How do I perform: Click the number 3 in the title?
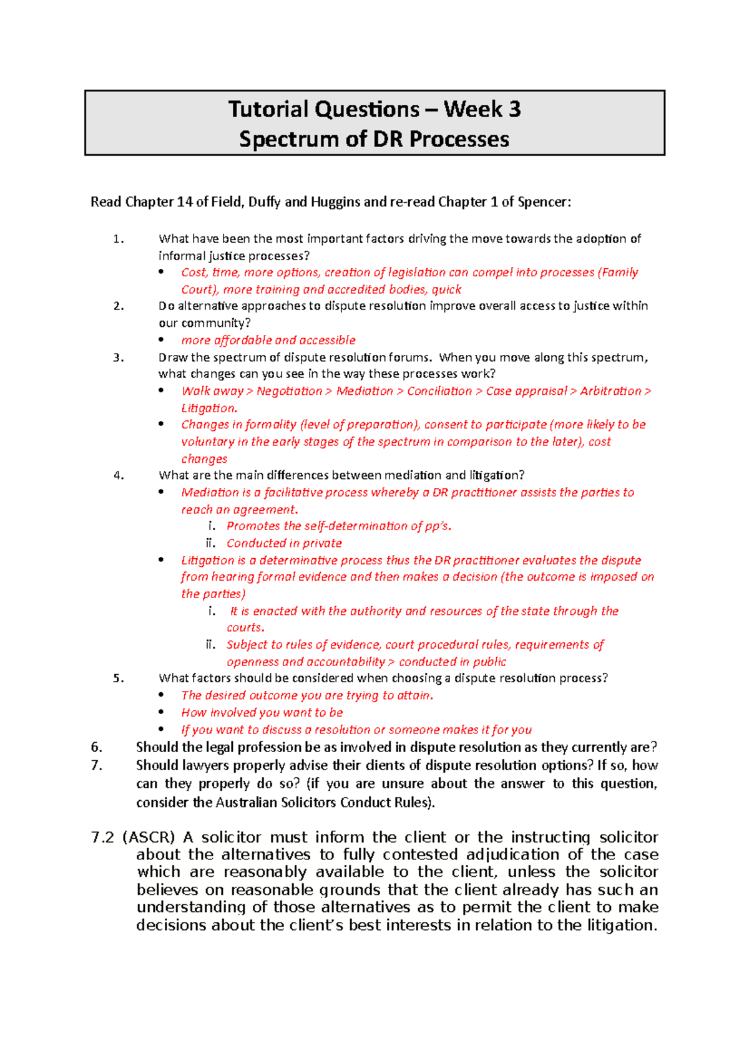514,110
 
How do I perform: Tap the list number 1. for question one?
119,239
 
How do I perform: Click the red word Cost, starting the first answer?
193,273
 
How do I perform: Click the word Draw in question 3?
173,357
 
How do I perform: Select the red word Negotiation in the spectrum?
290,391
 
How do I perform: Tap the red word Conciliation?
439,391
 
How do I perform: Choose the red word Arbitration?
610,391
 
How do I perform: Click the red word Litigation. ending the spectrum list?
209,409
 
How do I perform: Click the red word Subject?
247,645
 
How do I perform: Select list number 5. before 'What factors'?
119,679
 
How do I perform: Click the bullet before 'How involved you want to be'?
162,712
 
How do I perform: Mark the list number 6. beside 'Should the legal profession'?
96,747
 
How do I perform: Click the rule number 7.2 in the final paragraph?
103,838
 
